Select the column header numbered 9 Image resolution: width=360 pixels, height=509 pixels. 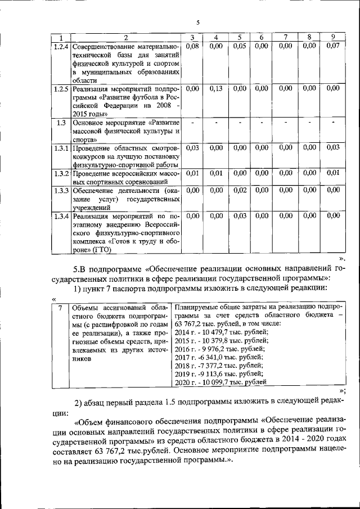[x=333, y=38]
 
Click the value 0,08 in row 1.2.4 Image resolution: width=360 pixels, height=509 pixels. [x=192, y=46]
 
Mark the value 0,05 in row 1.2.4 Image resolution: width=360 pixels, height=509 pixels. [x=240, y=46]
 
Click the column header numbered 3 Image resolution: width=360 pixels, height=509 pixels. [x=192, y=38]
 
